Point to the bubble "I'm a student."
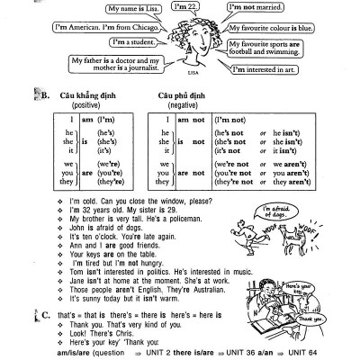click(131, 41)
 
